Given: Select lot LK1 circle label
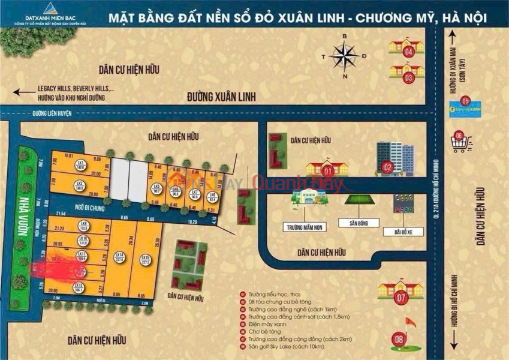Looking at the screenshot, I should pyautogui.click(x=80, y=164).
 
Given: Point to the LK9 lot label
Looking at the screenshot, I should pyautogui.click(x=83, y=224).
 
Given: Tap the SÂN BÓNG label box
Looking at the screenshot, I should pyautogui.click(x=358, y=222).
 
